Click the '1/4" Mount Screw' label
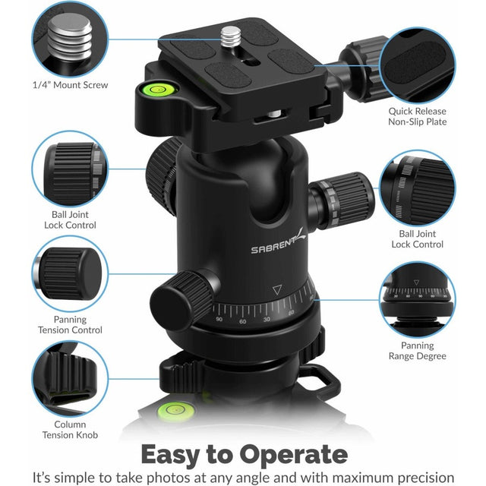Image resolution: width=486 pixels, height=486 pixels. coord(70,85)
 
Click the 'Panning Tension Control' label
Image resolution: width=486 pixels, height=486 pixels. coord(70,324)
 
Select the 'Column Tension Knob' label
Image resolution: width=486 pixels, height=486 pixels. coord(70,430)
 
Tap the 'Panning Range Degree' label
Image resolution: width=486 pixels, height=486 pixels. coord(417,350)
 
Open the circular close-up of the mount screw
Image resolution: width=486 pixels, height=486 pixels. coord(70,38)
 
